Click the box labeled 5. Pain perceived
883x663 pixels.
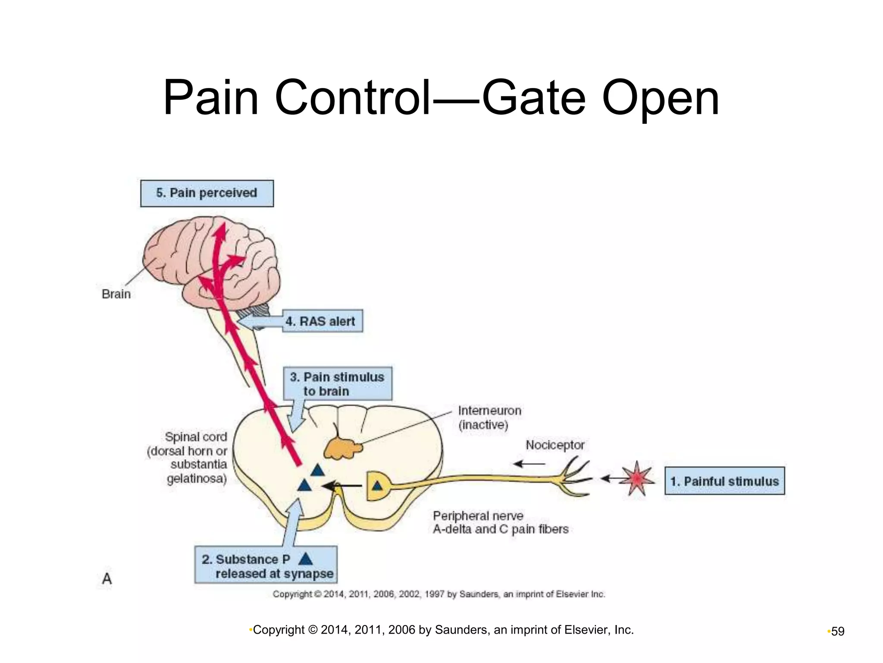207,193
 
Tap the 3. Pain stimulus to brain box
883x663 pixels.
337,384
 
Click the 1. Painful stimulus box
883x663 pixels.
724,481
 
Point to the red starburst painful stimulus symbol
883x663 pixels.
637,479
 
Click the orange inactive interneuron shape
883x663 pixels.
342,449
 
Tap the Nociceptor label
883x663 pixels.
555,445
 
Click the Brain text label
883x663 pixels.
116,294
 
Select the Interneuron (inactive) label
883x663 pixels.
489,417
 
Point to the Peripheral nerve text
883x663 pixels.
478,515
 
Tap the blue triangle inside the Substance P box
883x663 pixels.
305,559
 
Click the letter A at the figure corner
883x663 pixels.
107,578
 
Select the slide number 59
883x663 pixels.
838,631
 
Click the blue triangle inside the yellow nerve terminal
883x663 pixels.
377,486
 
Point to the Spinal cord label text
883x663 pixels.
196,437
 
